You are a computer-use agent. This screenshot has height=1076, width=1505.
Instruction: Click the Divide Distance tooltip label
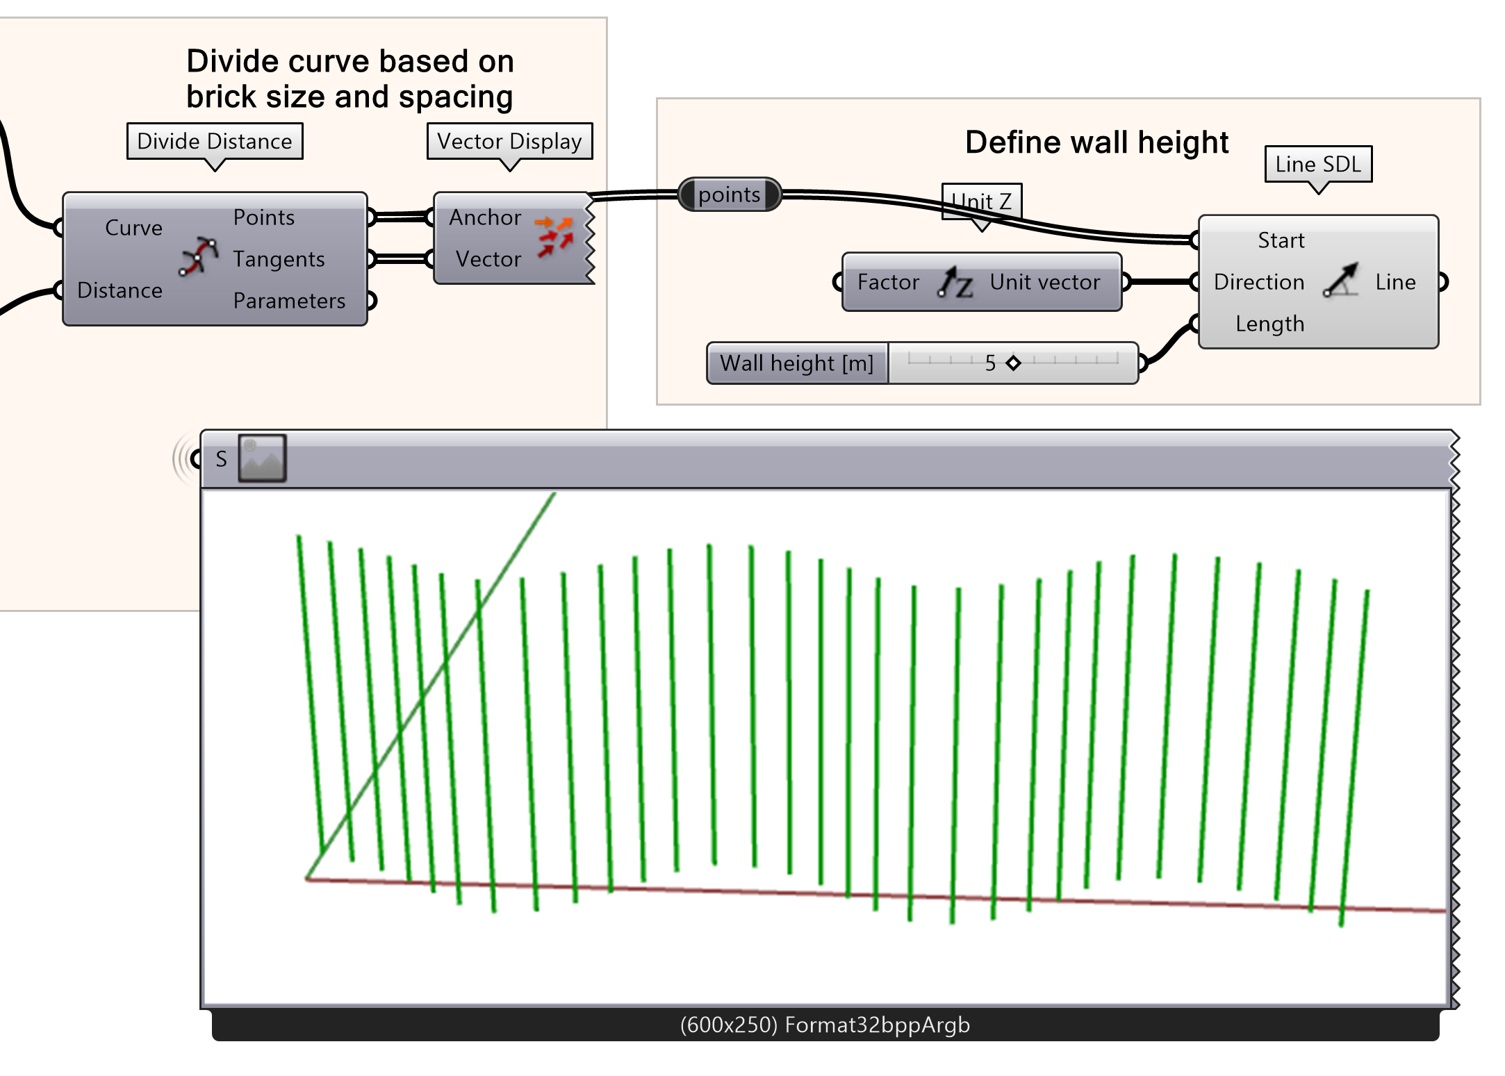[x=215, y=141]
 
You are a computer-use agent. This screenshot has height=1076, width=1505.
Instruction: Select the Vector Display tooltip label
[x=509, y=141]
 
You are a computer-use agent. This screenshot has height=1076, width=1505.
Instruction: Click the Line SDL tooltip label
[x=1318, y=164]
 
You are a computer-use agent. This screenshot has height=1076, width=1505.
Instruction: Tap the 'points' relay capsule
[x=730, y=194]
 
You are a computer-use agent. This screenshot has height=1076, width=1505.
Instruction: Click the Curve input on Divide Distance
[x=133, y=228]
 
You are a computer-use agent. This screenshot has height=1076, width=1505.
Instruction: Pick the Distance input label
[x=120, y=290]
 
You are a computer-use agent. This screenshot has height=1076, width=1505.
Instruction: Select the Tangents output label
[x=279, y=259]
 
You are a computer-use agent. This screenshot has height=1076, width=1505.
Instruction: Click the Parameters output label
[x=289, y=301]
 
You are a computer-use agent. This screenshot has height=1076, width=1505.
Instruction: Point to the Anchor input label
[x=485, y=217]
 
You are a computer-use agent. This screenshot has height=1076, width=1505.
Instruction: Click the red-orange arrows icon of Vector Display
[x=555, y=237]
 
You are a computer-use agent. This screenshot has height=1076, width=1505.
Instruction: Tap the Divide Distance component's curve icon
[x=199, y=256]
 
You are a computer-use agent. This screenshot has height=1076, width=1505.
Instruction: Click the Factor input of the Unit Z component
[x=888, y=282]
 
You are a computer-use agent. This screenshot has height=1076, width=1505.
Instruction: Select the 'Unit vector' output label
[x=1044, y=282]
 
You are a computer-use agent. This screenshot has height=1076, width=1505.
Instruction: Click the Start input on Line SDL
[x=1281, y=240]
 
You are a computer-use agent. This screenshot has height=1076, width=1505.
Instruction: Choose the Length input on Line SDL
[x=1269, y=324]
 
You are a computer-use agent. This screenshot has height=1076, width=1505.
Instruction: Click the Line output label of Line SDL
[x=1395, y=282]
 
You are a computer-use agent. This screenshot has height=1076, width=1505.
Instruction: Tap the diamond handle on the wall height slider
[x=1014, y=363]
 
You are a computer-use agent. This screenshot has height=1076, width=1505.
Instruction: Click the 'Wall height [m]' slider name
[x=797, y=363]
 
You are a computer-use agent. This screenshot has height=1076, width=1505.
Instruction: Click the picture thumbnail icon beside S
[x=263, y=458]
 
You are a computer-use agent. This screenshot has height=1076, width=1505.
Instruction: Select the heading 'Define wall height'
[x=1096, y=142]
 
